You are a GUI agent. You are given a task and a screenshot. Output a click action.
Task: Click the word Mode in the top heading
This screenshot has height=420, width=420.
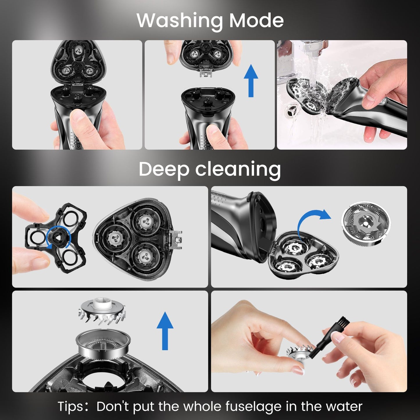click(256, 20)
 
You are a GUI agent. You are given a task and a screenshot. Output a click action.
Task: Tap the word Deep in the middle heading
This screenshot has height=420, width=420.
click(164, 169)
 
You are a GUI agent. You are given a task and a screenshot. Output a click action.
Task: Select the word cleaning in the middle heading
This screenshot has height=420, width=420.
click(238, 169)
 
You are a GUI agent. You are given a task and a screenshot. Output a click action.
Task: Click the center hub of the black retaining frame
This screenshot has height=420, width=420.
click(57, 239)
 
